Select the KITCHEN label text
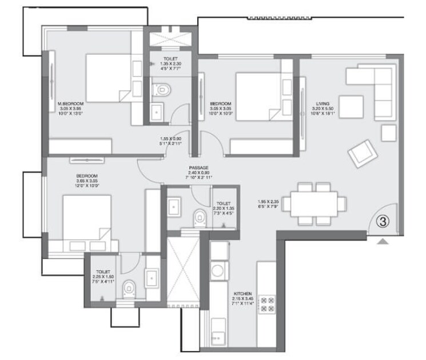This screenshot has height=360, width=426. click(x=242, y=292)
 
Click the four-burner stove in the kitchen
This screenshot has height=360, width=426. click(x=268, y=304)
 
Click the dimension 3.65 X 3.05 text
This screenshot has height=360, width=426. click(x=87, y=181)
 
